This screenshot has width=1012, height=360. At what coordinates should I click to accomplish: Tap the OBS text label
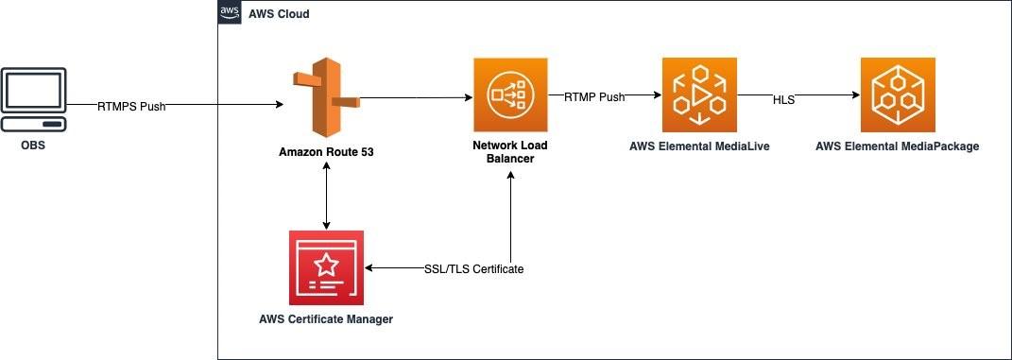tap(33, 146)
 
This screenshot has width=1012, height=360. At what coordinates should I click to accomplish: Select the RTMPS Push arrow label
tap(131, 106)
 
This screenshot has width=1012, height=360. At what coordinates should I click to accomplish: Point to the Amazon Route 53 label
tap(326, 151)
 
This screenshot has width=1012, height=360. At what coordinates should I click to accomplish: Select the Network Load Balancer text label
tap(510, 152)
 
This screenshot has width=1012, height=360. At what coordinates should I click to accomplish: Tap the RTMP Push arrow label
tap(594, 96)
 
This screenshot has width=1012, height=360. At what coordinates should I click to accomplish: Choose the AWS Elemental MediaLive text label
tap(699, 146)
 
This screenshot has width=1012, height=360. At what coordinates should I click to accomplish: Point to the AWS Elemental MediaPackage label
tap(897, 146)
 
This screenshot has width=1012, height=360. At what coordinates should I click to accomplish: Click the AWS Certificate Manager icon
tap(326, 268)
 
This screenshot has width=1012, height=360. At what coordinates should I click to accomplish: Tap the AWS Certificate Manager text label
tap(326, 319)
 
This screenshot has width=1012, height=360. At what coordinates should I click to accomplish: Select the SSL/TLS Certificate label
tap(473, 269)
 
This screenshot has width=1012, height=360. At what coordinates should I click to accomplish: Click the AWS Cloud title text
tap(278, 14)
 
